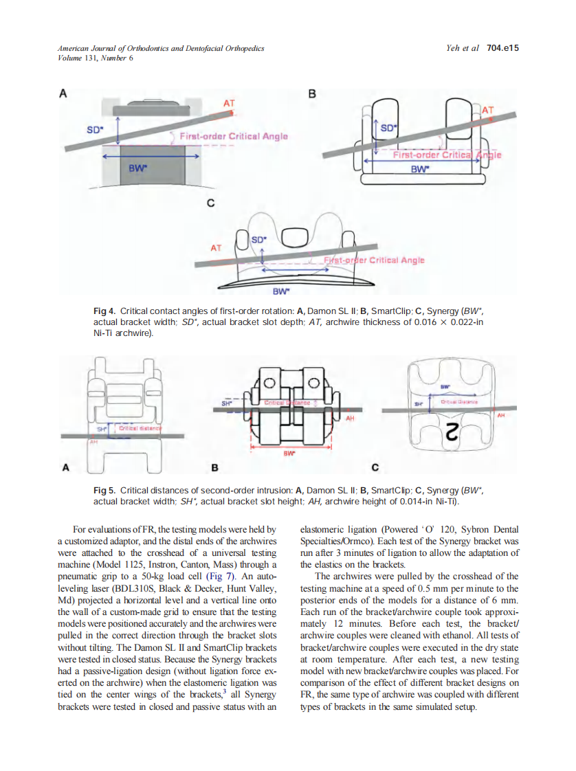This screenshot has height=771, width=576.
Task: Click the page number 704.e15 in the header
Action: tap(502, 48)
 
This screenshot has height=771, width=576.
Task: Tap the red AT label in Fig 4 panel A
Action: tap(230, 104)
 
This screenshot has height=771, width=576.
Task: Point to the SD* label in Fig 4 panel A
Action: tap(94, 129)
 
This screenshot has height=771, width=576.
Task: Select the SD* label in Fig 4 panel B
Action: tap(389, 128)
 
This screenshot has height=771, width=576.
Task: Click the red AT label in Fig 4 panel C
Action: tap(216, 247)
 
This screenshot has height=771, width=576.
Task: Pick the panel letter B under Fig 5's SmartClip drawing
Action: tap(214, 468)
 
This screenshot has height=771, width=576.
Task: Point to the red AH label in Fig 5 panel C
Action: tap(500, 415)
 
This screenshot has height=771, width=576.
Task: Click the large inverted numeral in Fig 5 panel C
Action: tap(453, 434)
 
